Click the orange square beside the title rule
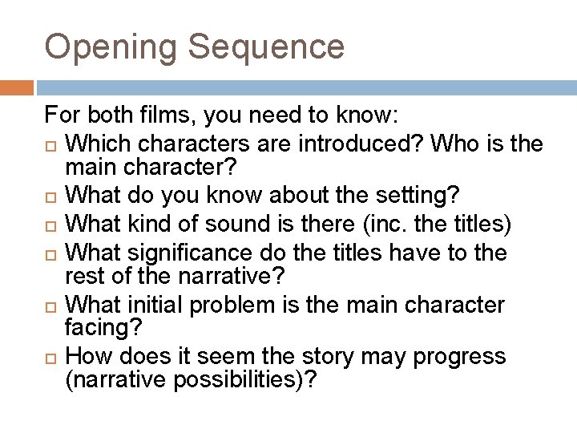[x=17, y=87]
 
